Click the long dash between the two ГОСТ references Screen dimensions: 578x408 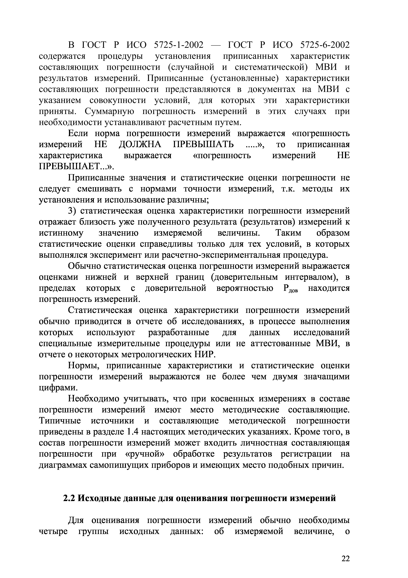pyautogui.click(x=215, y=45)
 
